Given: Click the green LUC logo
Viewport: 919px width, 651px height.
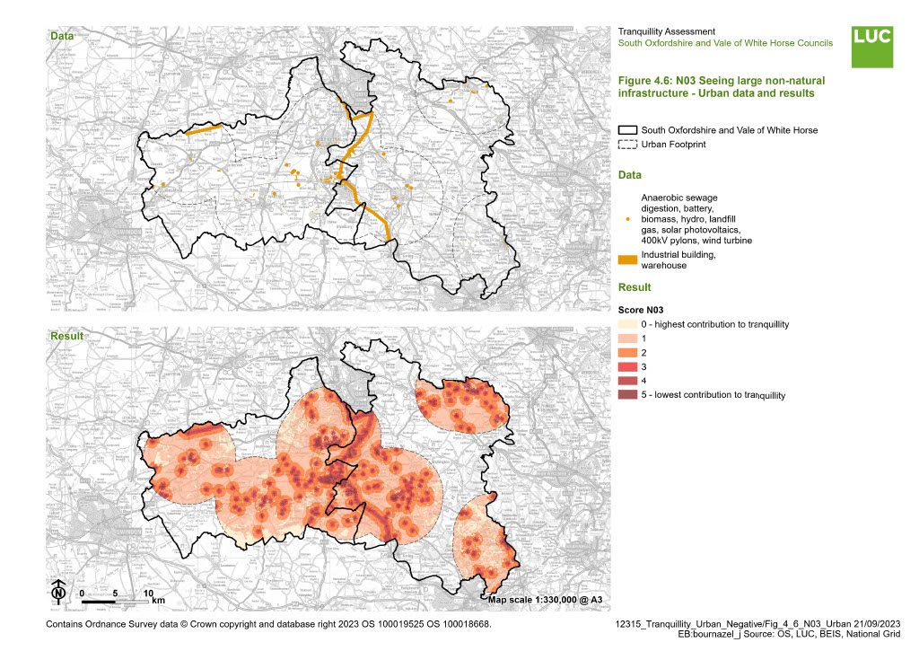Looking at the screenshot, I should point(872,45).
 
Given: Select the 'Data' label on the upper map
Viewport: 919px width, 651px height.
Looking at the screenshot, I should point(62,37).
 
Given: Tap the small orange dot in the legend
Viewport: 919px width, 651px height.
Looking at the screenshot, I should point(627,219).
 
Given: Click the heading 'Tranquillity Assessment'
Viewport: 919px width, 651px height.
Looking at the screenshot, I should point(667,32).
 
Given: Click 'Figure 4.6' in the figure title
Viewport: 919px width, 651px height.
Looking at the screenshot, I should point(647,81).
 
